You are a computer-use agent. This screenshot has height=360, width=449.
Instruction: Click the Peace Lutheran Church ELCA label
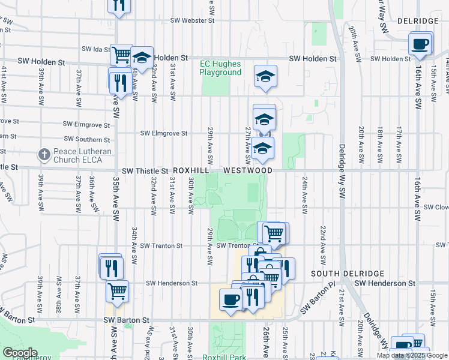point(82,155)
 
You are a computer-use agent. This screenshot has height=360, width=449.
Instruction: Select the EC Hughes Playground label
point(221,68)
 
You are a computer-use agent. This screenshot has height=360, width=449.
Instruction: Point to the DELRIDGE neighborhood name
point(418,21)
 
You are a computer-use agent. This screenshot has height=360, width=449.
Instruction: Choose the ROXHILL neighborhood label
point(190,171)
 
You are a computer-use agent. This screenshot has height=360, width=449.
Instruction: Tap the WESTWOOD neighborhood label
point(247,171)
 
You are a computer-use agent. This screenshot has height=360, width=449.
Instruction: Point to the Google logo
point(19,353)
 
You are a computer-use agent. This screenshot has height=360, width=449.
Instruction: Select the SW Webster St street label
point(192,20)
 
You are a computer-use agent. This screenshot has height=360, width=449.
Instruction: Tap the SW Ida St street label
point(95,49)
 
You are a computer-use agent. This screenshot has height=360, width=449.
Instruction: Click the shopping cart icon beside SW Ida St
point(121,55)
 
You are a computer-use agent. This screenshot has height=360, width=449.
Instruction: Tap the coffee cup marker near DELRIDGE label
point(420,44)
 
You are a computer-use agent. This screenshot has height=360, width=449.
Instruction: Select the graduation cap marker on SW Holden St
point(142,58)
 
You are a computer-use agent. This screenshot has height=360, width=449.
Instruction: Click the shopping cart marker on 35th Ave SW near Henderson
point(117,291)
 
